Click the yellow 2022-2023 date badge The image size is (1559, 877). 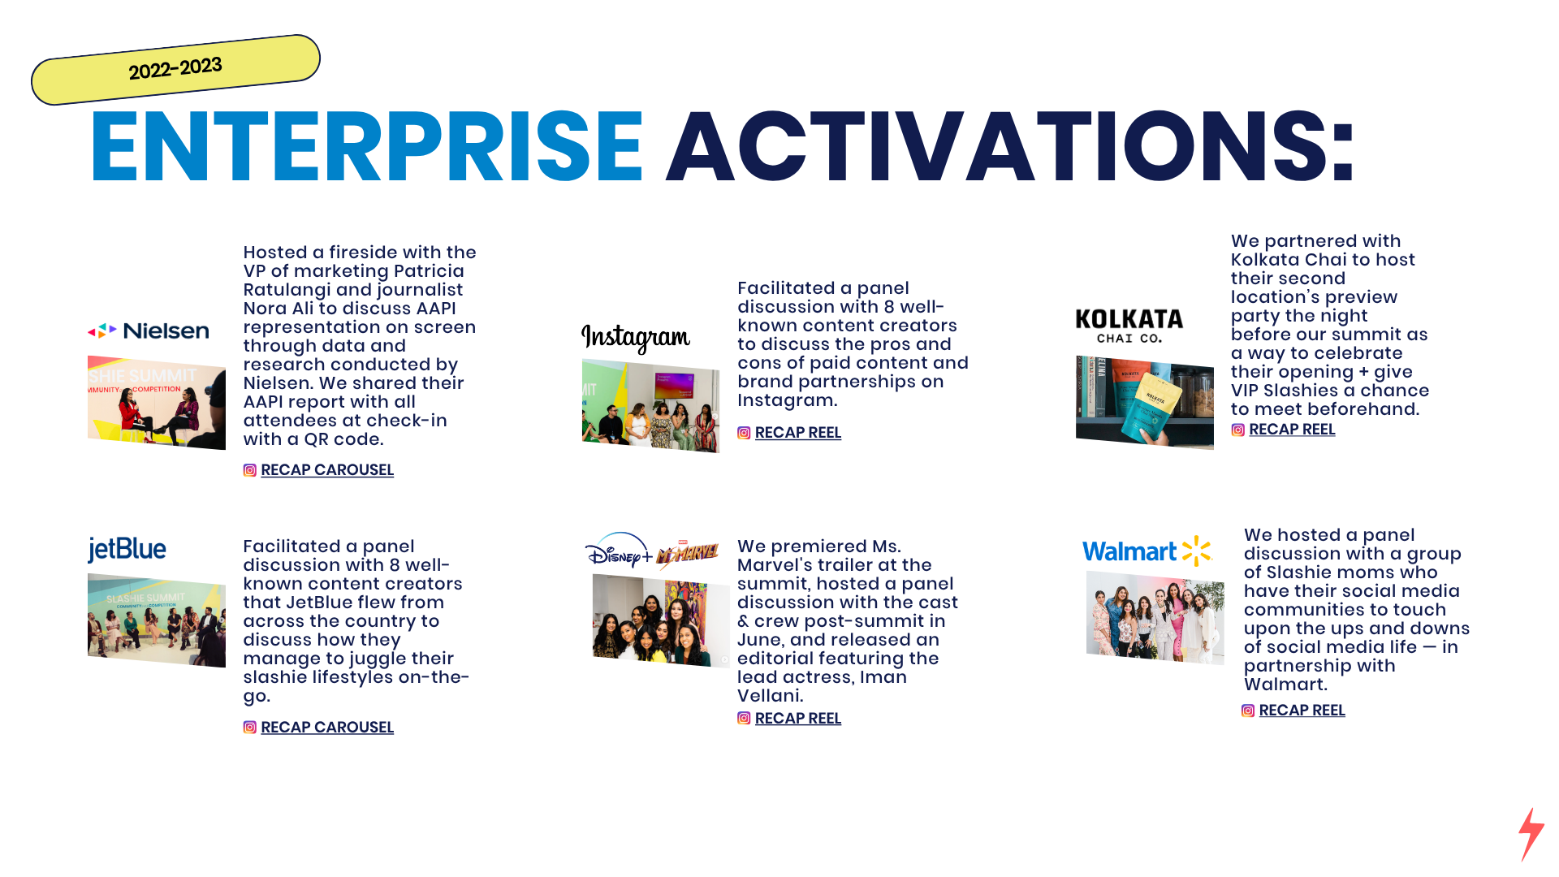[x=175, y=69]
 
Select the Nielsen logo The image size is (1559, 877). [x=149, y=330]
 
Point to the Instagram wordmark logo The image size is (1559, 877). [x=636, y=337]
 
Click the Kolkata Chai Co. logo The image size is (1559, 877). [x=1129, y=326]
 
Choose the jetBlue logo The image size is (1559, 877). [x=127, y=550]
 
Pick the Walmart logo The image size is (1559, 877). [x=1147, y=551]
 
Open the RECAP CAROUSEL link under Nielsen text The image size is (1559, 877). [x=327, y=470]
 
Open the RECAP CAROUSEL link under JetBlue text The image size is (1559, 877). [x=327, y=728]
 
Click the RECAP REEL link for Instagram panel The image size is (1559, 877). [x=798, y=433]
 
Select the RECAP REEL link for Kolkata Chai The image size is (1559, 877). [x=1292, y=430]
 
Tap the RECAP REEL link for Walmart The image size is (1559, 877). [x=1302, y=711]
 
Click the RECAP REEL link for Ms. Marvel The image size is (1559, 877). [x=798, y=719]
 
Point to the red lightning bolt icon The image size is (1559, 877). [x=1531, y=834]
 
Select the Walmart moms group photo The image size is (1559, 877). [x=1155, y=617]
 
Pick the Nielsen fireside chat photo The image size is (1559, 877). [x=157, y=403]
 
